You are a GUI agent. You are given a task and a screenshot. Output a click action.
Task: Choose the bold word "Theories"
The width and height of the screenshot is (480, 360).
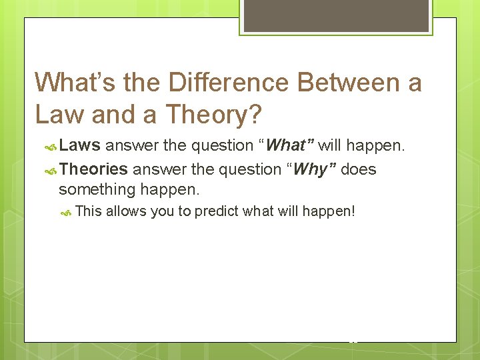click(x=93, y=169)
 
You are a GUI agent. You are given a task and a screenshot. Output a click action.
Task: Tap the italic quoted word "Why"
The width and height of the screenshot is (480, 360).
click(x=310, y=169)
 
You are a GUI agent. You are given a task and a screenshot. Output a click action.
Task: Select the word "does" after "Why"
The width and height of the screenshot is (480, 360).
click(x=359, y=169)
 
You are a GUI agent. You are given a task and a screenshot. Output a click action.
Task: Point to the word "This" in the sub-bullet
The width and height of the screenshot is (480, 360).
click(x=89, y=212)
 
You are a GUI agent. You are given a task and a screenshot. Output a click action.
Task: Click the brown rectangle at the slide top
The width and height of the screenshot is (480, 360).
click(x=335, y=15)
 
